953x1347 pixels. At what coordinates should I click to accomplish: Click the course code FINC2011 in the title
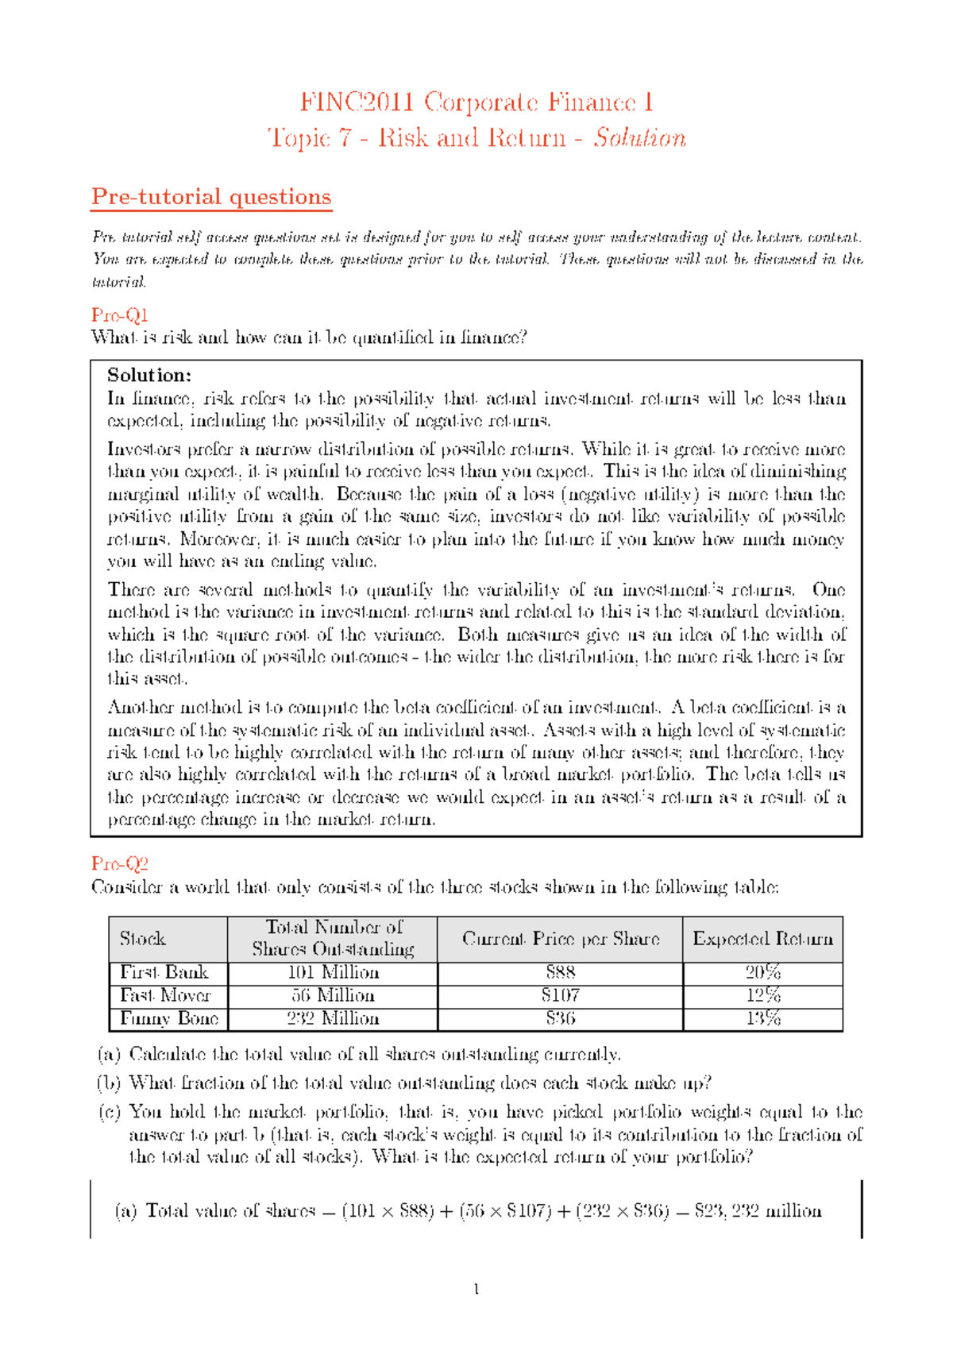tap(357, 102)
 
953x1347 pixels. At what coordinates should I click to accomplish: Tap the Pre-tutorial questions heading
tap(211, 197)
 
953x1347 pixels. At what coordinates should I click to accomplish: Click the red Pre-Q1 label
tap(120, 315)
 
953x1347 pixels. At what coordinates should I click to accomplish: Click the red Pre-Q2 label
tap(120, 864)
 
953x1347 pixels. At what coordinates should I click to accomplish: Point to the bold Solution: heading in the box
tap(149, 375)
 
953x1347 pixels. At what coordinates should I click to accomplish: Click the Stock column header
tap(142, 939)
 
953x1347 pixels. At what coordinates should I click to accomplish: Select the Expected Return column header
tap(762, 939)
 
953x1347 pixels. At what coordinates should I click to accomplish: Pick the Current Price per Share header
tap(560, 939)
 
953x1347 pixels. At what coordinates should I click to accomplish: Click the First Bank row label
tap(164, 973)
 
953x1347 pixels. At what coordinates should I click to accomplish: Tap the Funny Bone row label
tap(168, 1019)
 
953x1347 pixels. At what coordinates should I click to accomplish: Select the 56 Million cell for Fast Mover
tap(333, 996)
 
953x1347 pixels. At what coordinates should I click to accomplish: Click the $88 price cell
tap(560, 973)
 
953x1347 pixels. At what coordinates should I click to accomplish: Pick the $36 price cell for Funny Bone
tap(560, 1019)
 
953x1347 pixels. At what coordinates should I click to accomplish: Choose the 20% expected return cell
tap(762, 973)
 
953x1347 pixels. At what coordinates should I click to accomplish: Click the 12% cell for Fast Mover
tap(762, 996)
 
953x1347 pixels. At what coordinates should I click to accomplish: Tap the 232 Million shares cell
tap(333, 1019)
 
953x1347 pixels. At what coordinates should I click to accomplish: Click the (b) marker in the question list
tap(109, 1083)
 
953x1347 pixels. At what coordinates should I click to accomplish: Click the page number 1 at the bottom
tap(476, 1289)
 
